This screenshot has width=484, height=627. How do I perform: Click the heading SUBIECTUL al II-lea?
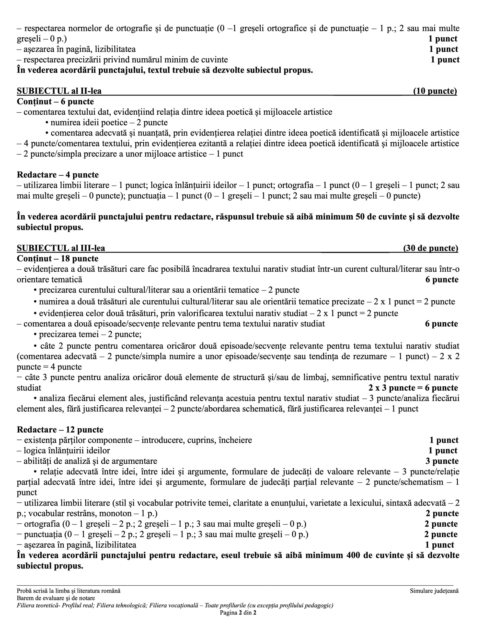59,91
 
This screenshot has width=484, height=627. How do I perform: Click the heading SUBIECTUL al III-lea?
61,248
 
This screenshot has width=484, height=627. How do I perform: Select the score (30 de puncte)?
430,248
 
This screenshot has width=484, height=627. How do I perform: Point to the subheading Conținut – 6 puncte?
55,102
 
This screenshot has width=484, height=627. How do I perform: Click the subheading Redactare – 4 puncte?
58,175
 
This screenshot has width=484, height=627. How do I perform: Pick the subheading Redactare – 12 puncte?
60,430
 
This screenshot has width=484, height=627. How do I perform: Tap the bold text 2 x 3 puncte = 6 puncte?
413,388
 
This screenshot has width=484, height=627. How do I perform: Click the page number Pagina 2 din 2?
238,613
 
